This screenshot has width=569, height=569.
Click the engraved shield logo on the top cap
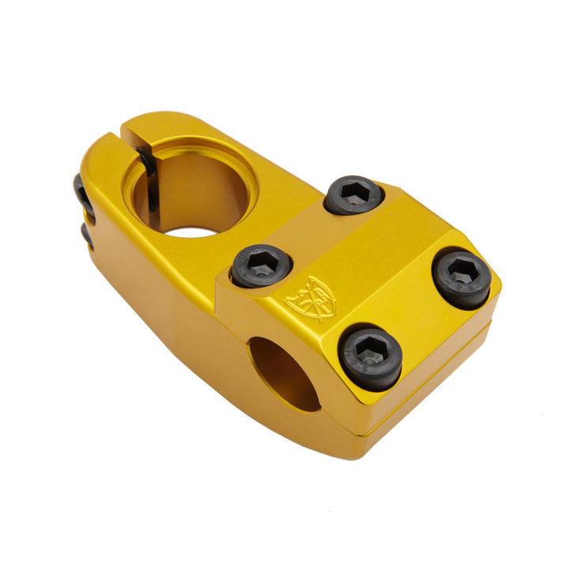click(x=310, y=299)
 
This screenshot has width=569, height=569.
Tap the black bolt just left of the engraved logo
click(x=262, y=266)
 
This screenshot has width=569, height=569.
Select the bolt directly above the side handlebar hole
click(x=371, y=356)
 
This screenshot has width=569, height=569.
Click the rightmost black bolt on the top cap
click(x=462, y=279)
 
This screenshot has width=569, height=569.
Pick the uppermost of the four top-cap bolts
click(x=353, y=194)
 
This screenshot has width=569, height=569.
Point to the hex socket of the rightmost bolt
click(x=461, y=274)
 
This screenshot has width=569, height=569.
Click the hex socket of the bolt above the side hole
click(x=370, y=352)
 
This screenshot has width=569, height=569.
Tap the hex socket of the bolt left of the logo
click(x=262, y=262)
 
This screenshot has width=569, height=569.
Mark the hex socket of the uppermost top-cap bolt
click(x=353, y=191)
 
